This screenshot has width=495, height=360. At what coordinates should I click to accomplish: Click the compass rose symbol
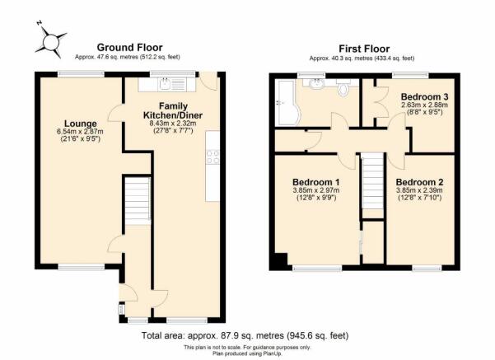click(51, 42)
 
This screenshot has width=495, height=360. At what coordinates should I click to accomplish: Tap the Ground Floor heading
click(130, 48)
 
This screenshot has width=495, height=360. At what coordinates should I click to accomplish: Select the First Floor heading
click(364, 49)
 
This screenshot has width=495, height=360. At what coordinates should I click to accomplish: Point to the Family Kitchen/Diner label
click(173, 110)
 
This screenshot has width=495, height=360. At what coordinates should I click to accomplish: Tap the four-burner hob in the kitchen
click(212, 157)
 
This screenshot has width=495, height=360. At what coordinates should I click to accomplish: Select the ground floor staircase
click(138, 201)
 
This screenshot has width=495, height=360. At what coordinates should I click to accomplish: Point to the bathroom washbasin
click(316, 84)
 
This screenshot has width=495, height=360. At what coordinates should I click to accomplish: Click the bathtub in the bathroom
click(286, 102)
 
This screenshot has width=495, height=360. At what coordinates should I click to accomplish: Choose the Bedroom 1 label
click(316, 182)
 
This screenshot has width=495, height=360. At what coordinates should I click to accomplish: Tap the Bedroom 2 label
click(419, 182)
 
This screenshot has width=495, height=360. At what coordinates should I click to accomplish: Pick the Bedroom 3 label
click(425, 96)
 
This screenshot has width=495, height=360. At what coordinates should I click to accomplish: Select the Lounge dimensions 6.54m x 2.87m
click(80, 132)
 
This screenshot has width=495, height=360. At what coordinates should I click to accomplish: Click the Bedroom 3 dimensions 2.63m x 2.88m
click(425, 105)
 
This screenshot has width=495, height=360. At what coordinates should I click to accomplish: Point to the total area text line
click(245, 335)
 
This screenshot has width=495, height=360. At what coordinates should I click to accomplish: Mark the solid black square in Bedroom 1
click(280, 261)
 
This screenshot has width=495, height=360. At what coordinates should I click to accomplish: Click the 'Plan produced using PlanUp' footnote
click(247, 353)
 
